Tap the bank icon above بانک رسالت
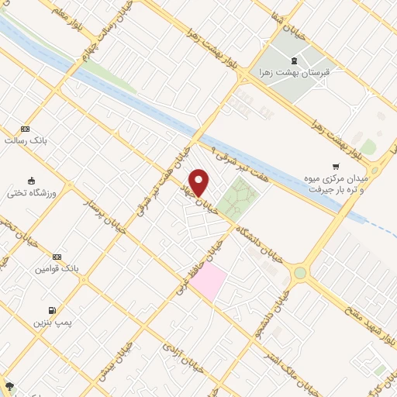(x=26, y=129)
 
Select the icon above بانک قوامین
(x=56, y=257)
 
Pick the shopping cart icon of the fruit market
(x=335, y=165)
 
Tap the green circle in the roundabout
(x=299, y=273)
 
